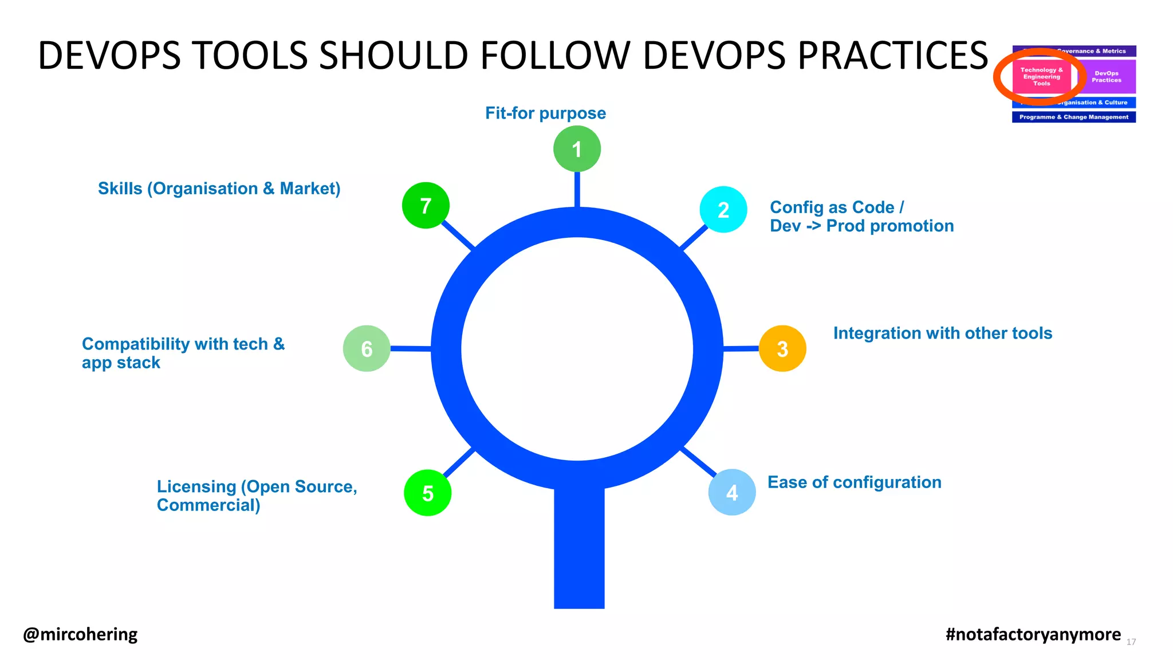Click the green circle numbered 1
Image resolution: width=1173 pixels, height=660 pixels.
click(x=577, y=149)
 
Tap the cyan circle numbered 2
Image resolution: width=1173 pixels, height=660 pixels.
click(x=723, y=210)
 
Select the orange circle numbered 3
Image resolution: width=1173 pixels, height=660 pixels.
click(x=782, y=348)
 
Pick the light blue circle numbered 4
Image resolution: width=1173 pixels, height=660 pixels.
click(x=732, y=492)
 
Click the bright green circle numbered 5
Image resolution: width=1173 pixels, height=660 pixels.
click(x=428, y=493)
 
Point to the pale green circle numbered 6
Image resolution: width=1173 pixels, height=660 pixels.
click(x=367, y=348)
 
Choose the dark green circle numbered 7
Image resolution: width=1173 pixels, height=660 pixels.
click(x=426, y=205)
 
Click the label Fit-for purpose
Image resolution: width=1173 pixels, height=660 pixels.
click(x=545, y=113)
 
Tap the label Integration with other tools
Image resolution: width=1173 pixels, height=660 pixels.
click(x=943, y=333)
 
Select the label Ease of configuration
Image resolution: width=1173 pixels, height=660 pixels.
click(x=854, y=482)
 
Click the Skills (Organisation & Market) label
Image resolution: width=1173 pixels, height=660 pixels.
click(x=219, y=188)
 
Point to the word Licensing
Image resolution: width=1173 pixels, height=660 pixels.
click(x=196, y=486)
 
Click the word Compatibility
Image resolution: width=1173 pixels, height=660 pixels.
click(x=136, y=344)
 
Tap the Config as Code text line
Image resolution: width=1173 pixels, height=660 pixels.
click(x=837, y=207)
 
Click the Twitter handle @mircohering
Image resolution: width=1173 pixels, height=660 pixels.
click(x=80, y=634)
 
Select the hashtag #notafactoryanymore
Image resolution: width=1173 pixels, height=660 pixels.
click(x=1033, y=634)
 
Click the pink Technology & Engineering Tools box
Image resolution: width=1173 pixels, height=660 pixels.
click(x=1041, y=77)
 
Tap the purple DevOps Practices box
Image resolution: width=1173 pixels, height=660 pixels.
click(x=1107, y=77)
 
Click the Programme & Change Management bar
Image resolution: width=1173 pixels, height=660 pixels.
click(x=1074, y=117)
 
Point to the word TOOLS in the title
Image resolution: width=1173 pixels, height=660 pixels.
click(x=250, y=56)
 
